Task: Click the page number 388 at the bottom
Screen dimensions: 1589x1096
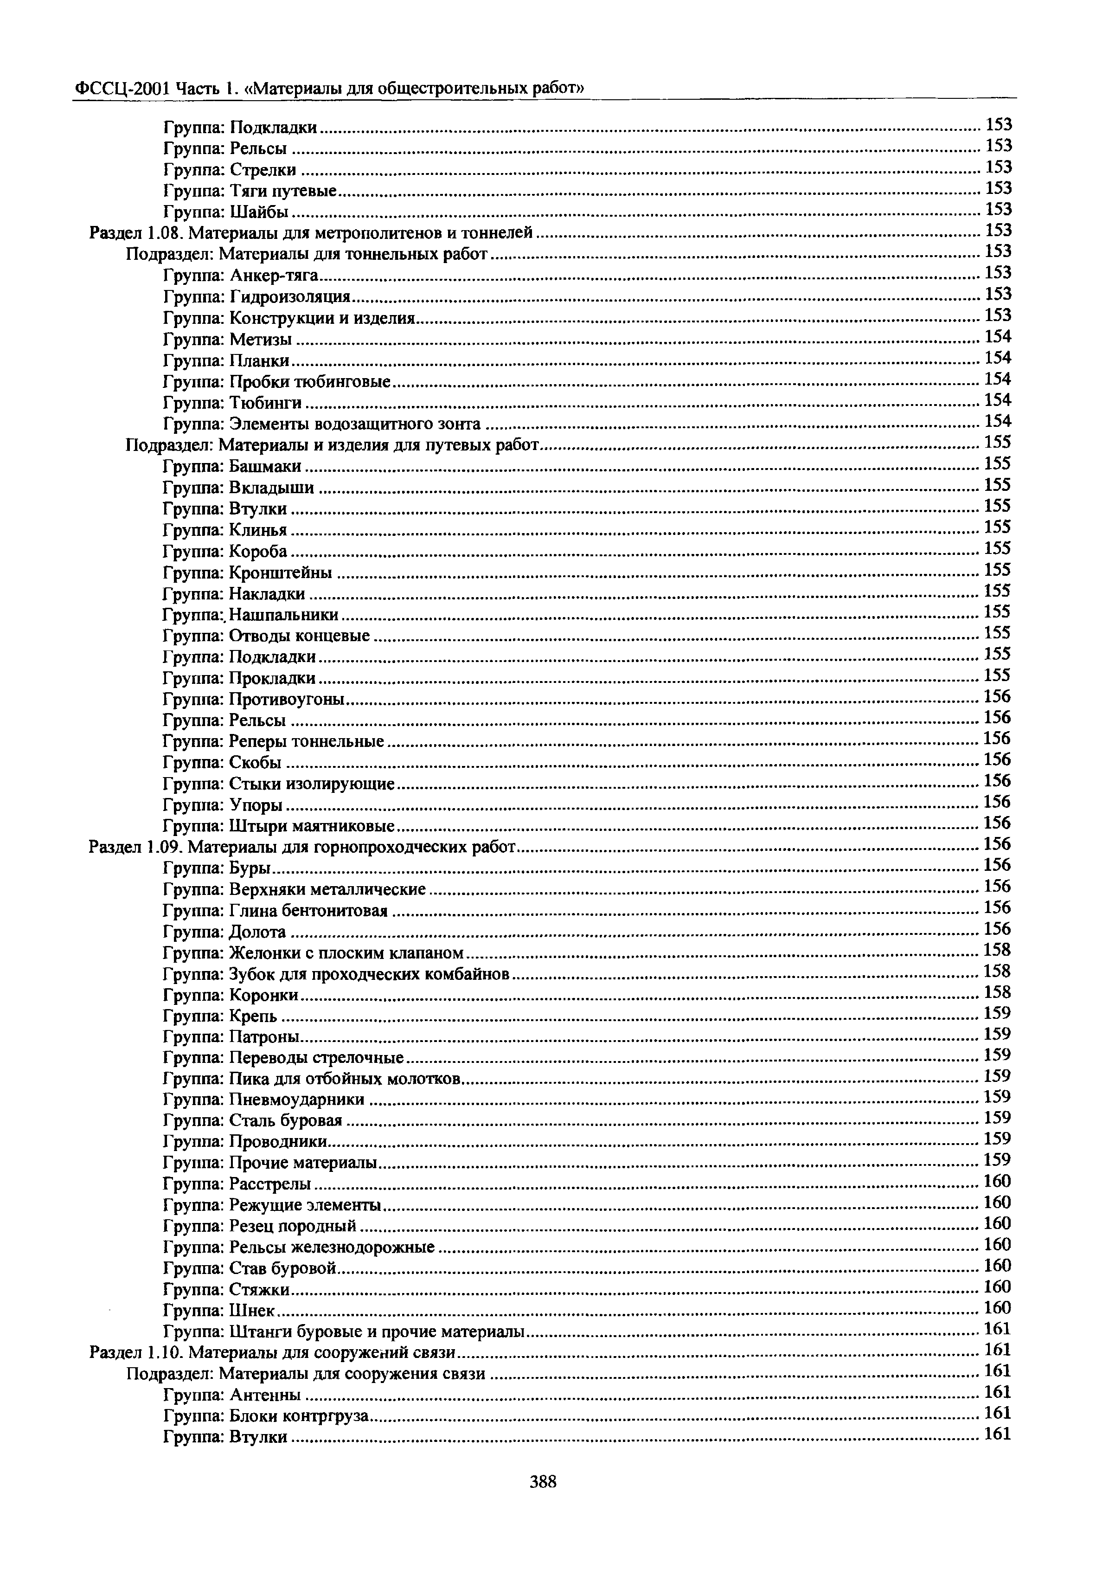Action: pos(543,1482)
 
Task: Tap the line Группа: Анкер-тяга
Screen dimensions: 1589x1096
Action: pos(241,276)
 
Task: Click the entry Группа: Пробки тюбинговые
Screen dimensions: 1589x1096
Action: pos(277,382)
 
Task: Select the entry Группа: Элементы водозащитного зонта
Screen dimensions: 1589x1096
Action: pos(322,425)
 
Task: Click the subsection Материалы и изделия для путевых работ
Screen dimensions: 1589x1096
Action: pos(333,446)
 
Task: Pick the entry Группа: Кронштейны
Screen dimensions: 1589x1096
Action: pos(248,573)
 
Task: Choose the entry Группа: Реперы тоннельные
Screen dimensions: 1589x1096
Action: pos(273,742)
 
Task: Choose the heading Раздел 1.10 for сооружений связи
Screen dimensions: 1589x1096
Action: pos(273,1353)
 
